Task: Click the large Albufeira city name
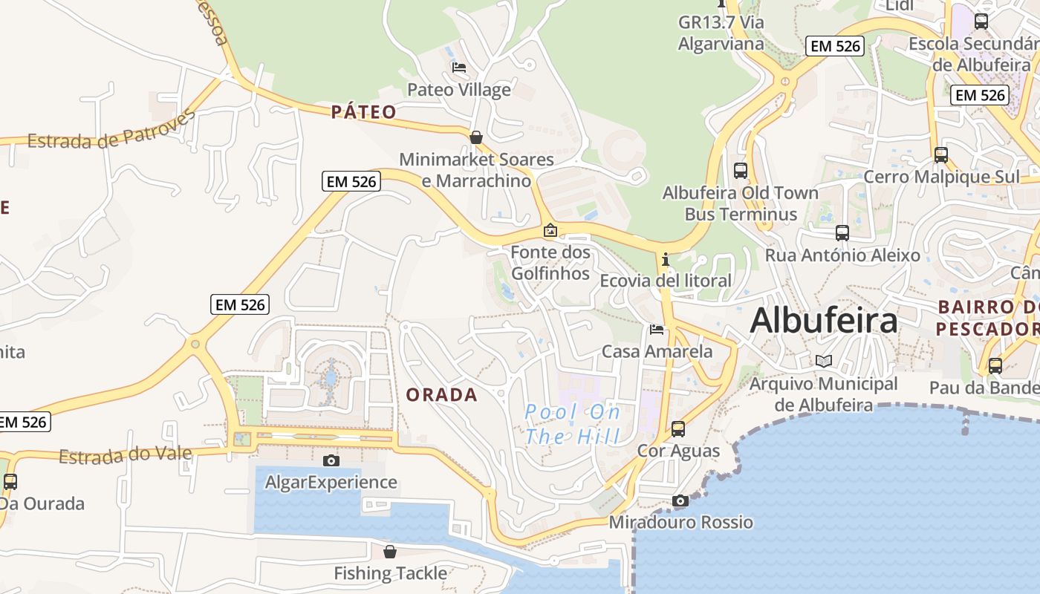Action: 823,321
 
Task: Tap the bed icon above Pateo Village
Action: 459,68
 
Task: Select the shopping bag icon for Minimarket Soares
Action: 476,137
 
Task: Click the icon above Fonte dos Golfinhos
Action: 550,230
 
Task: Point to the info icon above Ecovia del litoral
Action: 665,259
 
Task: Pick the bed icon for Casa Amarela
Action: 657,329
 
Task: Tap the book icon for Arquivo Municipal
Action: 823,362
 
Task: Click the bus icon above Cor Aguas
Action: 677,428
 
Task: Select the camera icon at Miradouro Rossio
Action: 680,500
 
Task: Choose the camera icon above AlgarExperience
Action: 331,460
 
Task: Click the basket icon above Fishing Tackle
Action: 390,552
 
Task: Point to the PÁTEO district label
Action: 363,112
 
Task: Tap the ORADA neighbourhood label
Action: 441,395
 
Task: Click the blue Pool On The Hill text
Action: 573,424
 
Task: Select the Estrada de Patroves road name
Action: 112,131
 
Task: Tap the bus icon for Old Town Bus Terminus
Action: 740,170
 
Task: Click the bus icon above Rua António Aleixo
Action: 842,233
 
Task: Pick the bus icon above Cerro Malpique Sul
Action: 940,155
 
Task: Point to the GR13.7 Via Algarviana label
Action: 721,33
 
